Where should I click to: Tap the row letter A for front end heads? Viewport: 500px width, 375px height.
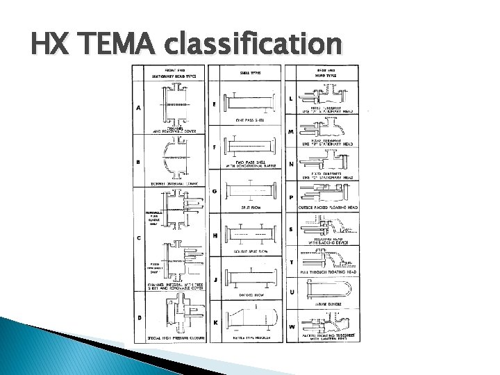pos(140,108)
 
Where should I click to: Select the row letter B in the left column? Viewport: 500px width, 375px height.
pos(140,162)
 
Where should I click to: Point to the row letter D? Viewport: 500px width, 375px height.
pos(140,317)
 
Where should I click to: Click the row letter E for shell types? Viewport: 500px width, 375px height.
pos(215,104)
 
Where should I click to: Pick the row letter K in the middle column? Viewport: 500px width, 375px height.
pos(215,322)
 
